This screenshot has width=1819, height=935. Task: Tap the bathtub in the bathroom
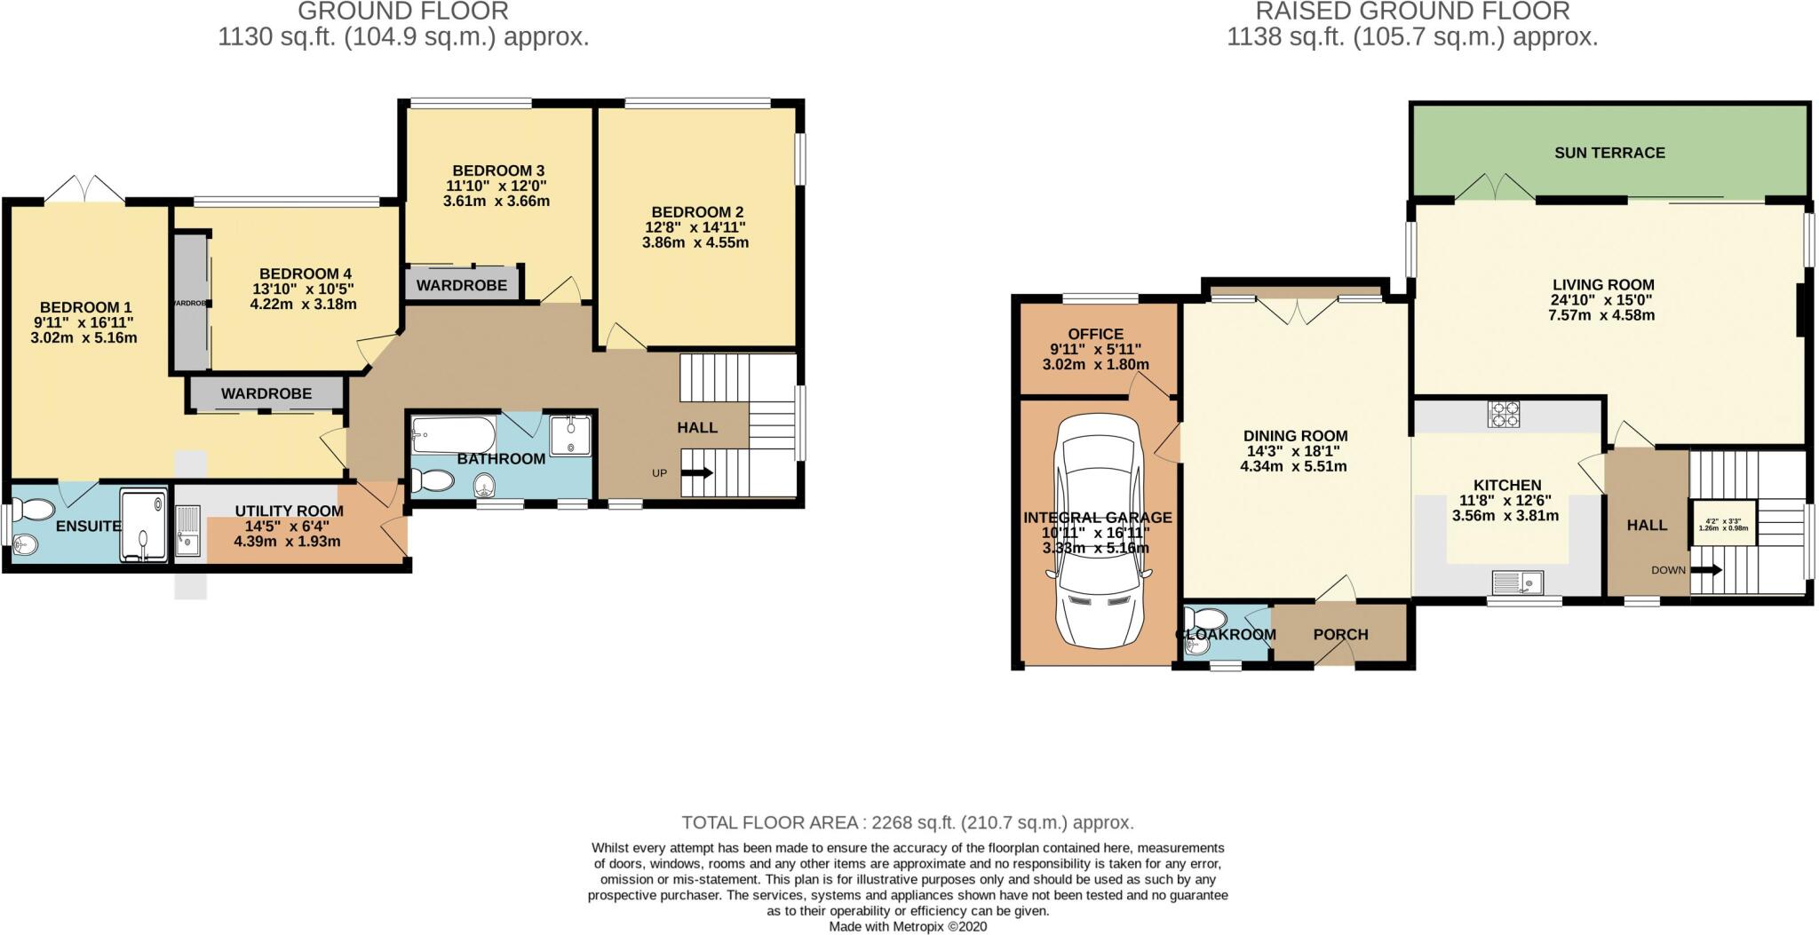coord(453,436)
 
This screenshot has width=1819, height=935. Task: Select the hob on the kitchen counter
coord(1504,414)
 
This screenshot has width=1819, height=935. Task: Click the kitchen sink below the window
coord(1518,582)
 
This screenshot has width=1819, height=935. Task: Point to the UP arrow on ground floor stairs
coord(698,473)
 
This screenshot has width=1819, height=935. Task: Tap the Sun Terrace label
coord(1609,153)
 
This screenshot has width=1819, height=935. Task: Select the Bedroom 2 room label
coord(697,212)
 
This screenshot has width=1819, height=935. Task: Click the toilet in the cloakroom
coord(1205,618)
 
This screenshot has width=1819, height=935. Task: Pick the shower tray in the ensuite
coord(143,525)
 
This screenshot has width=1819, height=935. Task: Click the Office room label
coord(1095,335)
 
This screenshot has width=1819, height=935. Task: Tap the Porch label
coord(1340,635)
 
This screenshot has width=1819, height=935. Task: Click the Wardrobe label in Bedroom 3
coord(461,285)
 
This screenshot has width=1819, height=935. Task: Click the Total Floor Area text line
coord(907,822)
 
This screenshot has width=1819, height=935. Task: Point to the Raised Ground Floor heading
coord(1412,12)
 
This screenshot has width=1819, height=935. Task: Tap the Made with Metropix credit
coord(907,926)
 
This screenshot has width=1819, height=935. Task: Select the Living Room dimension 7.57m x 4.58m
coord(1602,314)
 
